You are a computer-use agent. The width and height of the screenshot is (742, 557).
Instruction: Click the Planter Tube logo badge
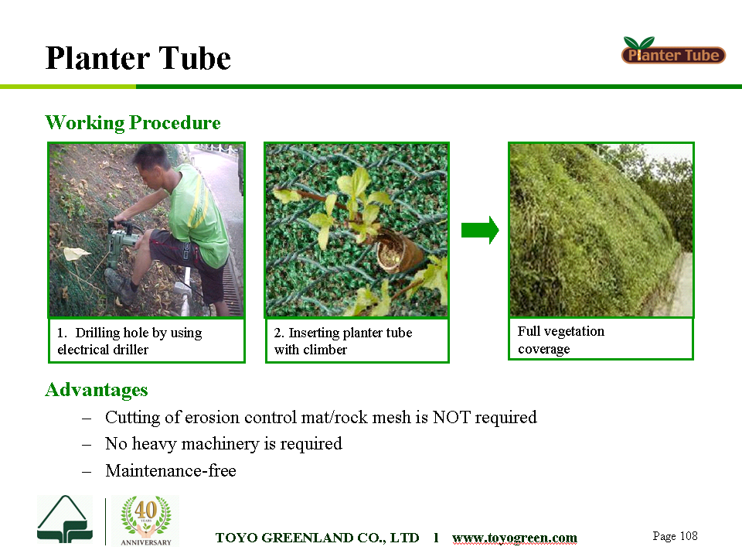[673, 51]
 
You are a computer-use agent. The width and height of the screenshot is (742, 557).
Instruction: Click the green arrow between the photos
[480, 231]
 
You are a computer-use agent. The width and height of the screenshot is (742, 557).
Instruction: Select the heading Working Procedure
[133, 123]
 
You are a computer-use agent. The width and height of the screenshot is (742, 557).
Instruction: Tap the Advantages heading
[97, 390]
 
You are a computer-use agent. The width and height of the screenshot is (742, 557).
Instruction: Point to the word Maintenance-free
[171, 471]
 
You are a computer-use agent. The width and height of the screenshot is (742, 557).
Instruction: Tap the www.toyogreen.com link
[515, 538]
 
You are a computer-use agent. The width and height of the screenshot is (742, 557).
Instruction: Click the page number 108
[689, 535]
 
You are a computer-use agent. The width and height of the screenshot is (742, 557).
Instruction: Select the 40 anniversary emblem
[146, 521]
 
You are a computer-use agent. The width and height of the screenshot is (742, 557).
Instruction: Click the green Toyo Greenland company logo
[65, 520]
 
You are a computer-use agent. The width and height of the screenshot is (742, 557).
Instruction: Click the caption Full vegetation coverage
[561, 340]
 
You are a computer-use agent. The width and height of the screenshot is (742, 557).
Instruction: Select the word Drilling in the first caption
[97, 333]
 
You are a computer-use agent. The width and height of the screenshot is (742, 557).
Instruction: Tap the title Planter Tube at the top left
[138, 58]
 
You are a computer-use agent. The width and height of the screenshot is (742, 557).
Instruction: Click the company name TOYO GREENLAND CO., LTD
[317, 538]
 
